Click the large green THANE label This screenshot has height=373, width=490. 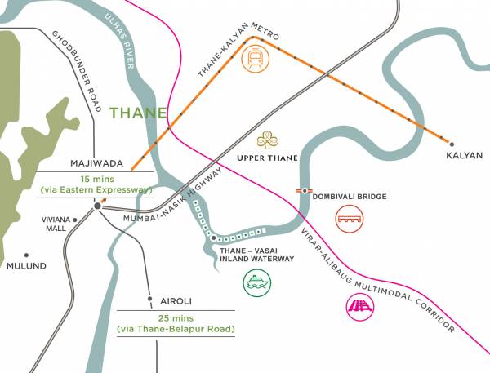coord(139,113)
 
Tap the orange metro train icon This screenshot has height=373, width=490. coord(256,58)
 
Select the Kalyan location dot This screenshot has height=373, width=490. coord(452,142)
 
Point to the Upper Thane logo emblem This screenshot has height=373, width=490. coord(267,140)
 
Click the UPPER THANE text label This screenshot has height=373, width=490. coord(267,158)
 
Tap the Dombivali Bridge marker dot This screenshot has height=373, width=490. coord(304,190)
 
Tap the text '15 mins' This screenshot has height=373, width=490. coord(96,179)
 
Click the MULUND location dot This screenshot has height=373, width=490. coord(26,254)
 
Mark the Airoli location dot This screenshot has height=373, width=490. coord(149,298)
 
